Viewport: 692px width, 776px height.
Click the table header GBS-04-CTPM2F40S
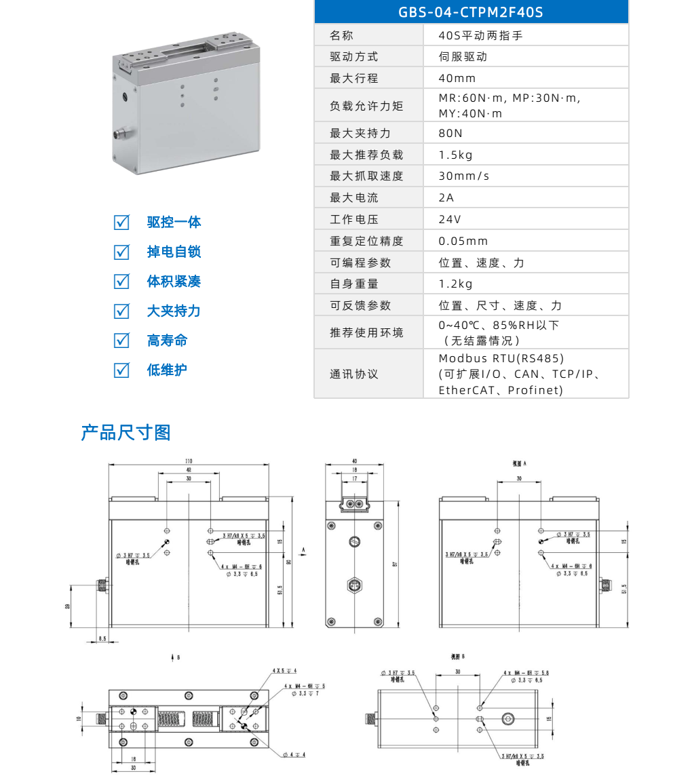click(x=471, y=12)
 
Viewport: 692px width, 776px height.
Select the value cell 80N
click(x=450, y=134)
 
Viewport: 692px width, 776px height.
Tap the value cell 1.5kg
click(x=455, y=155)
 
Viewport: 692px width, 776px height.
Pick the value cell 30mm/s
click(x=464, y=176)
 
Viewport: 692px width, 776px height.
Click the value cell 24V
click(x=450, y=220)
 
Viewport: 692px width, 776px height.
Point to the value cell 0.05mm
click(x=463, y=241)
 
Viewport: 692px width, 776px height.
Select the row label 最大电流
click(x=354, y=198)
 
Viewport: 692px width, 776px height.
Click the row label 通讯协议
click(x=354, y=374)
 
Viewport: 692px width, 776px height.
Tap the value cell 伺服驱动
click(x=463, y=57)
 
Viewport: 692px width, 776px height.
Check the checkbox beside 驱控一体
click(x=121, y=222)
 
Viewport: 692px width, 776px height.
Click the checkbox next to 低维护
click(x=121, y=370)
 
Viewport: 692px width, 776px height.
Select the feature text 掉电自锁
click(x=174, y=252)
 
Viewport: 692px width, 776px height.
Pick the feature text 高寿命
click(x=168, y=341)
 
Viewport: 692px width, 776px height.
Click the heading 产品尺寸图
click(x=126, y=433)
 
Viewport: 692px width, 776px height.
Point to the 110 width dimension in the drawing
click(x=189, y=461)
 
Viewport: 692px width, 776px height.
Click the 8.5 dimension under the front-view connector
click(x=103, y=638)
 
